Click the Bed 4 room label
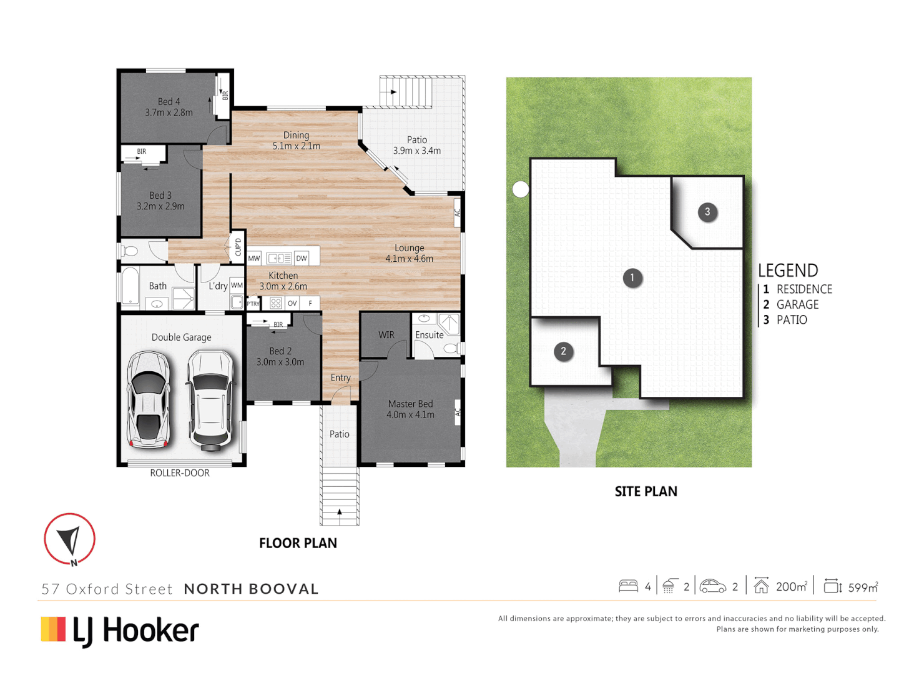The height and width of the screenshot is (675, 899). [x=169, y=107]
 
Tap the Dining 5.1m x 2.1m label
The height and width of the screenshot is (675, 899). [x=296, y=141]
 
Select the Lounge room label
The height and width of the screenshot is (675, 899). [x=409, y=253]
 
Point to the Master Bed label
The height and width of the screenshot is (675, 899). [x=410, y=409]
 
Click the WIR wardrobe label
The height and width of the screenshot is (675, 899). [x=386, y=335]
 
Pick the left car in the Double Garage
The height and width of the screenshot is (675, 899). [x=149, y=399]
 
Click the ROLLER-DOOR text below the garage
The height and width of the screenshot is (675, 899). [x=180, y=473]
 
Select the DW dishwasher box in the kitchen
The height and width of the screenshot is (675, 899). [x=302, y=258]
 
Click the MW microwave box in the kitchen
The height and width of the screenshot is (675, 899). [x=254, y=258]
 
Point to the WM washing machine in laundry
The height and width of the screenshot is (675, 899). [x=237, y=286]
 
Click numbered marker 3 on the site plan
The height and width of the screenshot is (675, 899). [x=707, y=212]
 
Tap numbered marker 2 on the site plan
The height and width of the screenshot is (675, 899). [x=563, y=351]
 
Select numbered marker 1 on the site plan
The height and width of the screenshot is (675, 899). [x=632, y=277]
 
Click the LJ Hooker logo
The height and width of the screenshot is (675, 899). [x=120, y=630]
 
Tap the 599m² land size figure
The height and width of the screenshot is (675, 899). [x=862, y=587]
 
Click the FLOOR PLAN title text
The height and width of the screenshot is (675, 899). [x=298, y=543]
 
